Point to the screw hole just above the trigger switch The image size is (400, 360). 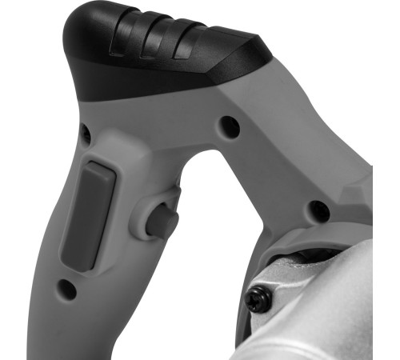click(86, 135)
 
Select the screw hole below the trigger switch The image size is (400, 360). click(67, 286)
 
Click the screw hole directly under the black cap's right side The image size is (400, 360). click(230, 126)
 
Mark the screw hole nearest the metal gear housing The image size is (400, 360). click(319, 210)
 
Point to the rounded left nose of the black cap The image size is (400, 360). click(76, 40)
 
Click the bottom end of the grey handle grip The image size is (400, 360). click(96, 336)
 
